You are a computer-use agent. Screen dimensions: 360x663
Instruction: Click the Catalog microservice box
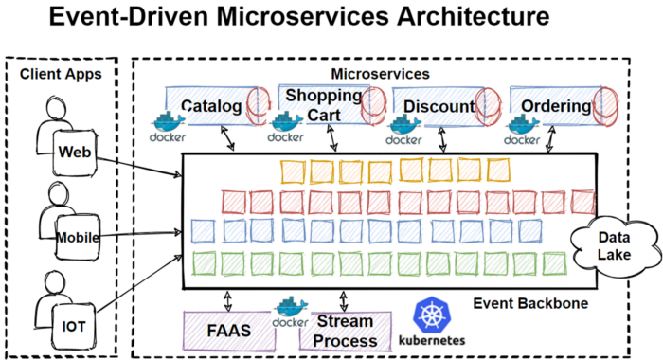click(210, 106)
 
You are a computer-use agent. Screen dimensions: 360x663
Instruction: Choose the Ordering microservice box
click(555, 106)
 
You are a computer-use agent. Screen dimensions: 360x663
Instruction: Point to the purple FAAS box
click(228, 331)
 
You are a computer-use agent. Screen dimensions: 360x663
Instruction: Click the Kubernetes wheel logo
click(430, 315)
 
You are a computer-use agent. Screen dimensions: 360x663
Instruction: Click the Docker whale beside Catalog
click(168, 123)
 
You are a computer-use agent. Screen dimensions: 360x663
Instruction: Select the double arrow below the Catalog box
click(224, 137)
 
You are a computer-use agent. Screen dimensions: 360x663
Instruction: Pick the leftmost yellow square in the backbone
click(293, 171)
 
